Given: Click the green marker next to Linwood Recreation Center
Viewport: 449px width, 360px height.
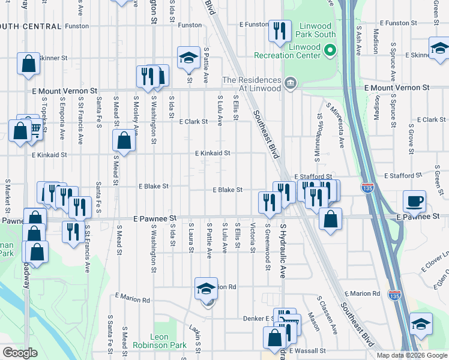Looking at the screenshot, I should tap(330, 51).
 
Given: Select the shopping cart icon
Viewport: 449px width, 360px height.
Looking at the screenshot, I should tap(35, 128).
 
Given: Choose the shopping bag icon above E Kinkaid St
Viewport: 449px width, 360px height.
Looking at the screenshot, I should tap(124, 142).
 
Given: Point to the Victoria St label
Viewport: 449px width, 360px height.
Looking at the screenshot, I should tap(253, 238).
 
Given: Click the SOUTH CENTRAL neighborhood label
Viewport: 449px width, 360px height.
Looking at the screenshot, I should tap(31, 26).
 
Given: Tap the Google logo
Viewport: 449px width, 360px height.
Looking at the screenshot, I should tap(20, 353).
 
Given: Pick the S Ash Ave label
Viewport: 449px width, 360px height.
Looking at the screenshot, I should tap(358, 40).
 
